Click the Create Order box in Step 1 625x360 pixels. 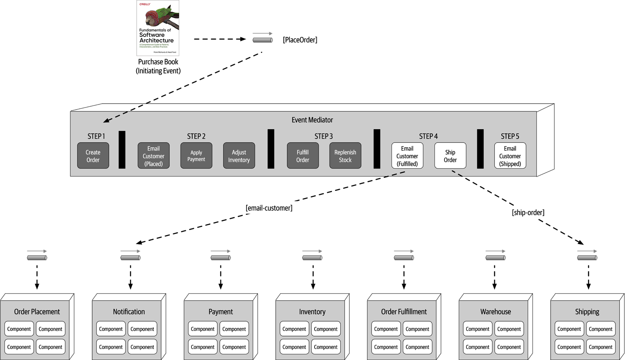point(93,156)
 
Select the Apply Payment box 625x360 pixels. point(196,156)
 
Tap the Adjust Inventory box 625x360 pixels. point(239,156)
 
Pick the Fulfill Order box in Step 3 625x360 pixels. point(303,156)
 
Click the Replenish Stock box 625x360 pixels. point(345,156)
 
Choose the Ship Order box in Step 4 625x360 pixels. point(450,156)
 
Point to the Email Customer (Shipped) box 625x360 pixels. point(510,156)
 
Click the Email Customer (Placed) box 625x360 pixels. point(153,156)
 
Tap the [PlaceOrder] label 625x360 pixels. point(300,40)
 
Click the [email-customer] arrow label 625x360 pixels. point(269,208)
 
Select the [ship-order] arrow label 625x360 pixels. point(528,213)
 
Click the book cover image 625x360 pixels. point(158,28)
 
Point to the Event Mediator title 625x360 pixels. point(312,120)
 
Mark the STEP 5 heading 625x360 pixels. point(510,136)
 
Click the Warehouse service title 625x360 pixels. point(495,311)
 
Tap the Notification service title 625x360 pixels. point(129,311)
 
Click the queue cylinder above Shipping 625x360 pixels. point(587,258)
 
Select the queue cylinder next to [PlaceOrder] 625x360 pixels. point(263,40)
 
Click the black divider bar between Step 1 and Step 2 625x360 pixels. point(122,150)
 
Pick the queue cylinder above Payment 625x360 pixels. point(220,258)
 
